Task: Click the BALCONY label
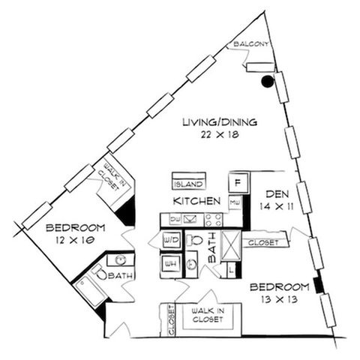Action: (251, 44)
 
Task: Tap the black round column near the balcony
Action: (267, 81)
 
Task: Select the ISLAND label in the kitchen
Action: (189, 184)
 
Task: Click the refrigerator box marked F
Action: (238, 183)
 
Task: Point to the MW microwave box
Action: (235, 202)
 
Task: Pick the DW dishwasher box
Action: (175, 219)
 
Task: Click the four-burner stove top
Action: (214, 220)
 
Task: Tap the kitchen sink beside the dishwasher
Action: (190, 219)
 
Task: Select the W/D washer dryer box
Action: (172, 240)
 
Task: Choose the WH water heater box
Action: (171, 264)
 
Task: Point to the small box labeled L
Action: (231, 270)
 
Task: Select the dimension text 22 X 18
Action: (220, 135)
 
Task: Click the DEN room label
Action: (277, 194)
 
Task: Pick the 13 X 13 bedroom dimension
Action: (279, 299)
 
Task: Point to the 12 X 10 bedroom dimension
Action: (75, 240)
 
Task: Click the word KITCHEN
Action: (196, 201)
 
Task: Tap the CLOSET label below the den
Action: (263, 242)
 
